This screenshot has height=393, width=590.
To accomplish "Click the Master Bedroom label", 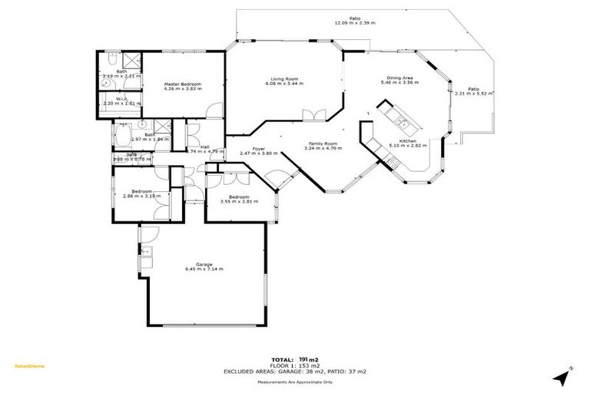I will (182, 84).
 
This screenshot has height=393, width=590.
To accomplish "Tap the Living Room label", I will (284, 78).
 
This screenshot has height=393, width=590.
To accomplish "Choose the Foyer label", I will (259, 148).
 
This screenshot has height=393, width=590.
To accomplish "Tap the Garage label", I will (204, 264).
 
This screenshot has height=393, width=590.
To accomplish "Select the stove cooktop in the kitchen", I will (392, 160).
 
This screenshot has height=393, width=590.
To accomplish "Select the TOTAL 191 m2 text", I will (294, 359).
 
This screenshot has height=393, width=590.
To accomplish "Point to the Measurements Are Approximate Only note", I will (295, 381).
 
